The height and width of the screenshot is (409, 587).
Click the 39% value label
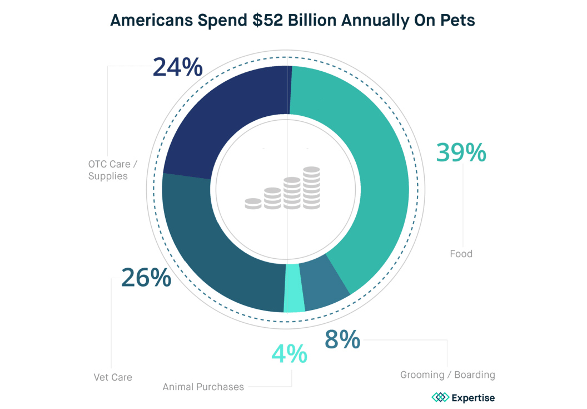pyautogui.click(x=461, y=152)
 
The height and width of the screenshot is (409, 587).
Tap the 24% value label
pyautogui.click(x=177, y=67)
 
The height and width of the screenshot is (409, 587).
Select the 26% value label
pyautogui.click(x=146, y=278)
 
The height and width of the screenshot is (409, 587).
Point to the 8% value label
pyautogui.click(x=342, y=339)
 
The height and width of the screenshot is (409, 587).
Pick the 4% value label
pyautogui.click(x=289, y=354)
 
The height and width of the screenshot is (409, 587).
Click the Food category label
pyautogui.click(x=461, y=254)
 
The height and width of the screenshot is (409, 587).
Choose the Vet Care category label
pyautogui.click(x=113, y=377)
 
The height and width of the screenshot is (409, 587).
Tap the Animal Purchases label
pyautogui.click(x=203, y=387)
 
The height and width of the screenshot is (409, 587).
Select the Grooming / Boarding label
pyautogui.click(x=447, y=374)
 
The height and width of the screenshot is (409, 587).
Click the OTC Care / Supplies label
pyautogui.click(x=109, y=170)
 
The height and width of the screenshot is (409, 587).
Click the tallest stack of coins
pyautogui.click(x=311, y=188)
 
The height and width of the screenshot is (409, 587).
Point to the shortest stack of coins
pyautogui.click(x=253, y=203)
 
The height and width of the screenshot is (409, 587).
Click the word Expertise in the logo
pyautogui.click(x=473, y=398)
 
